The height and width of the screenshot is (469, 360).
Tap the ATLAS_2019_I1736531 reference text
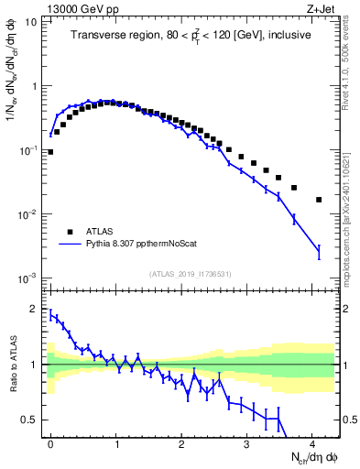tap(191, 273)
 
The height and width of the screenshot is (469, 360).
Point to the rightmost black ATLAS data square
tap(319, 200)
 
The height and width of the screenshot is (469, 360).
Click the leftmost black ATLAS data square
tap(50, 152)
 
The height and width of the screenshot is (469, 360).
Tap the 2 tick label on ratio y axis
tap(35, 309)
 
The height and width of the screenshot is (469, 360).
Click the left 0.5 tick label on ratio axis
tap(31, 420)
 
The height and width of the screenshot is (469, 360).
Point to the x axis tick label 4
tap(312, 443)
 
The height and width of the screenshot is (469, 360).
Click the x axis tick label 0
tap(50, 443)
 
